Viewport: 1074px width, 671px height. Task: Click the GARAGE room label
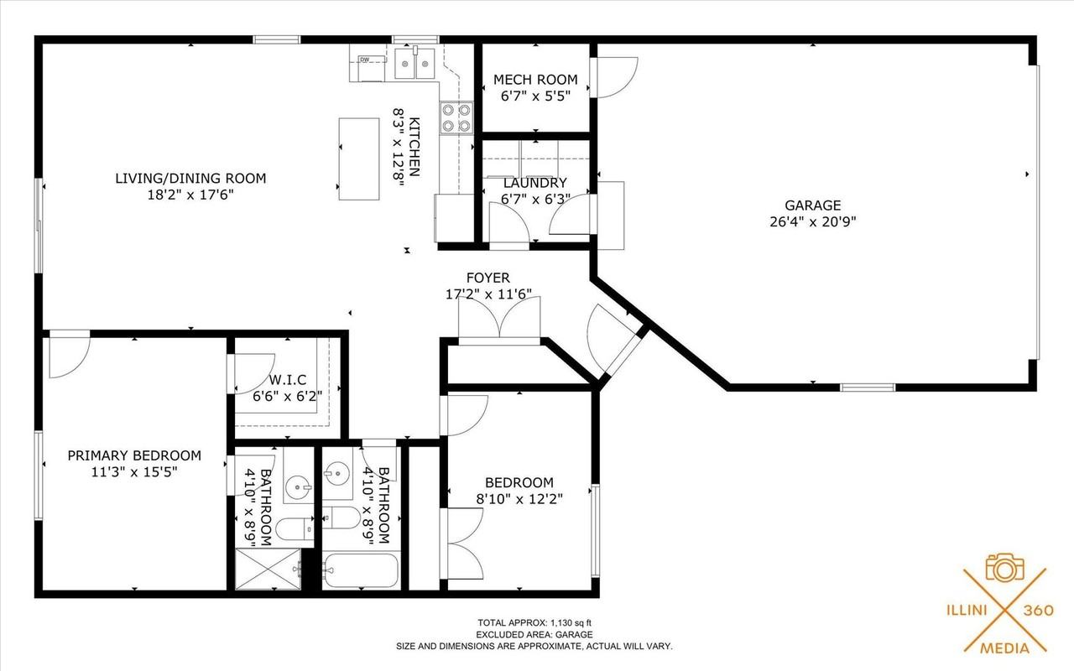[x=812, y=205]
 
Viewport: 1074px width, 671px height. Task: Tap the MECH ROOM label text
[x=535, y=80]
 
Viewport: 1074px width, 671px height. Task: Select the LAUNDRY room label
[x=535, y=183]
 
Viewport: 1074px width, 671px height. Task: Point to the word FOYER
[x=487, y=278]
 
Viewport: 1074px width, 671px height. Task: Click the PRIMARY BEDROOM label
[x=134, y=455]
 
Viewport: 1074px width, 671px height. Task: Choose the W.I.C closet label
[x=288, y=380]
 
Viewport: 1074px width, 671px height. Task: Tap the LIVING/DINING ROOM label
[x=190, y=178]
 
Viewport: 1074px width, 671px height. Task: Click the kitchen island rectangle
[x=358, y=159]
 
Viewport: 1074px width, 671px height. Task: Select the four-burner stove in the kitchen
[x=456, y=117]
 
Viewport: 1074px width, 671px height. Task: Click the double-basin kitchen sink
[x=415, y=62]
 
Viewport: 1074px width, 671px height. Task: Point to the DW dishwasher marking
[x=365, y=60]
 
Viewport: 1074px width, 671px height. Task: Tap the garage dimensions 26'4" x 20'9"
[x=812, y=222]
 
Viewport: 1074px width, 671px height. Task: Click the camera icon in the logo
[x=1004, y=569]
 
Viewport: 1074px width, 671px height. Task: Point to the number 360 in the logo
[x=1038, y=611]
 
